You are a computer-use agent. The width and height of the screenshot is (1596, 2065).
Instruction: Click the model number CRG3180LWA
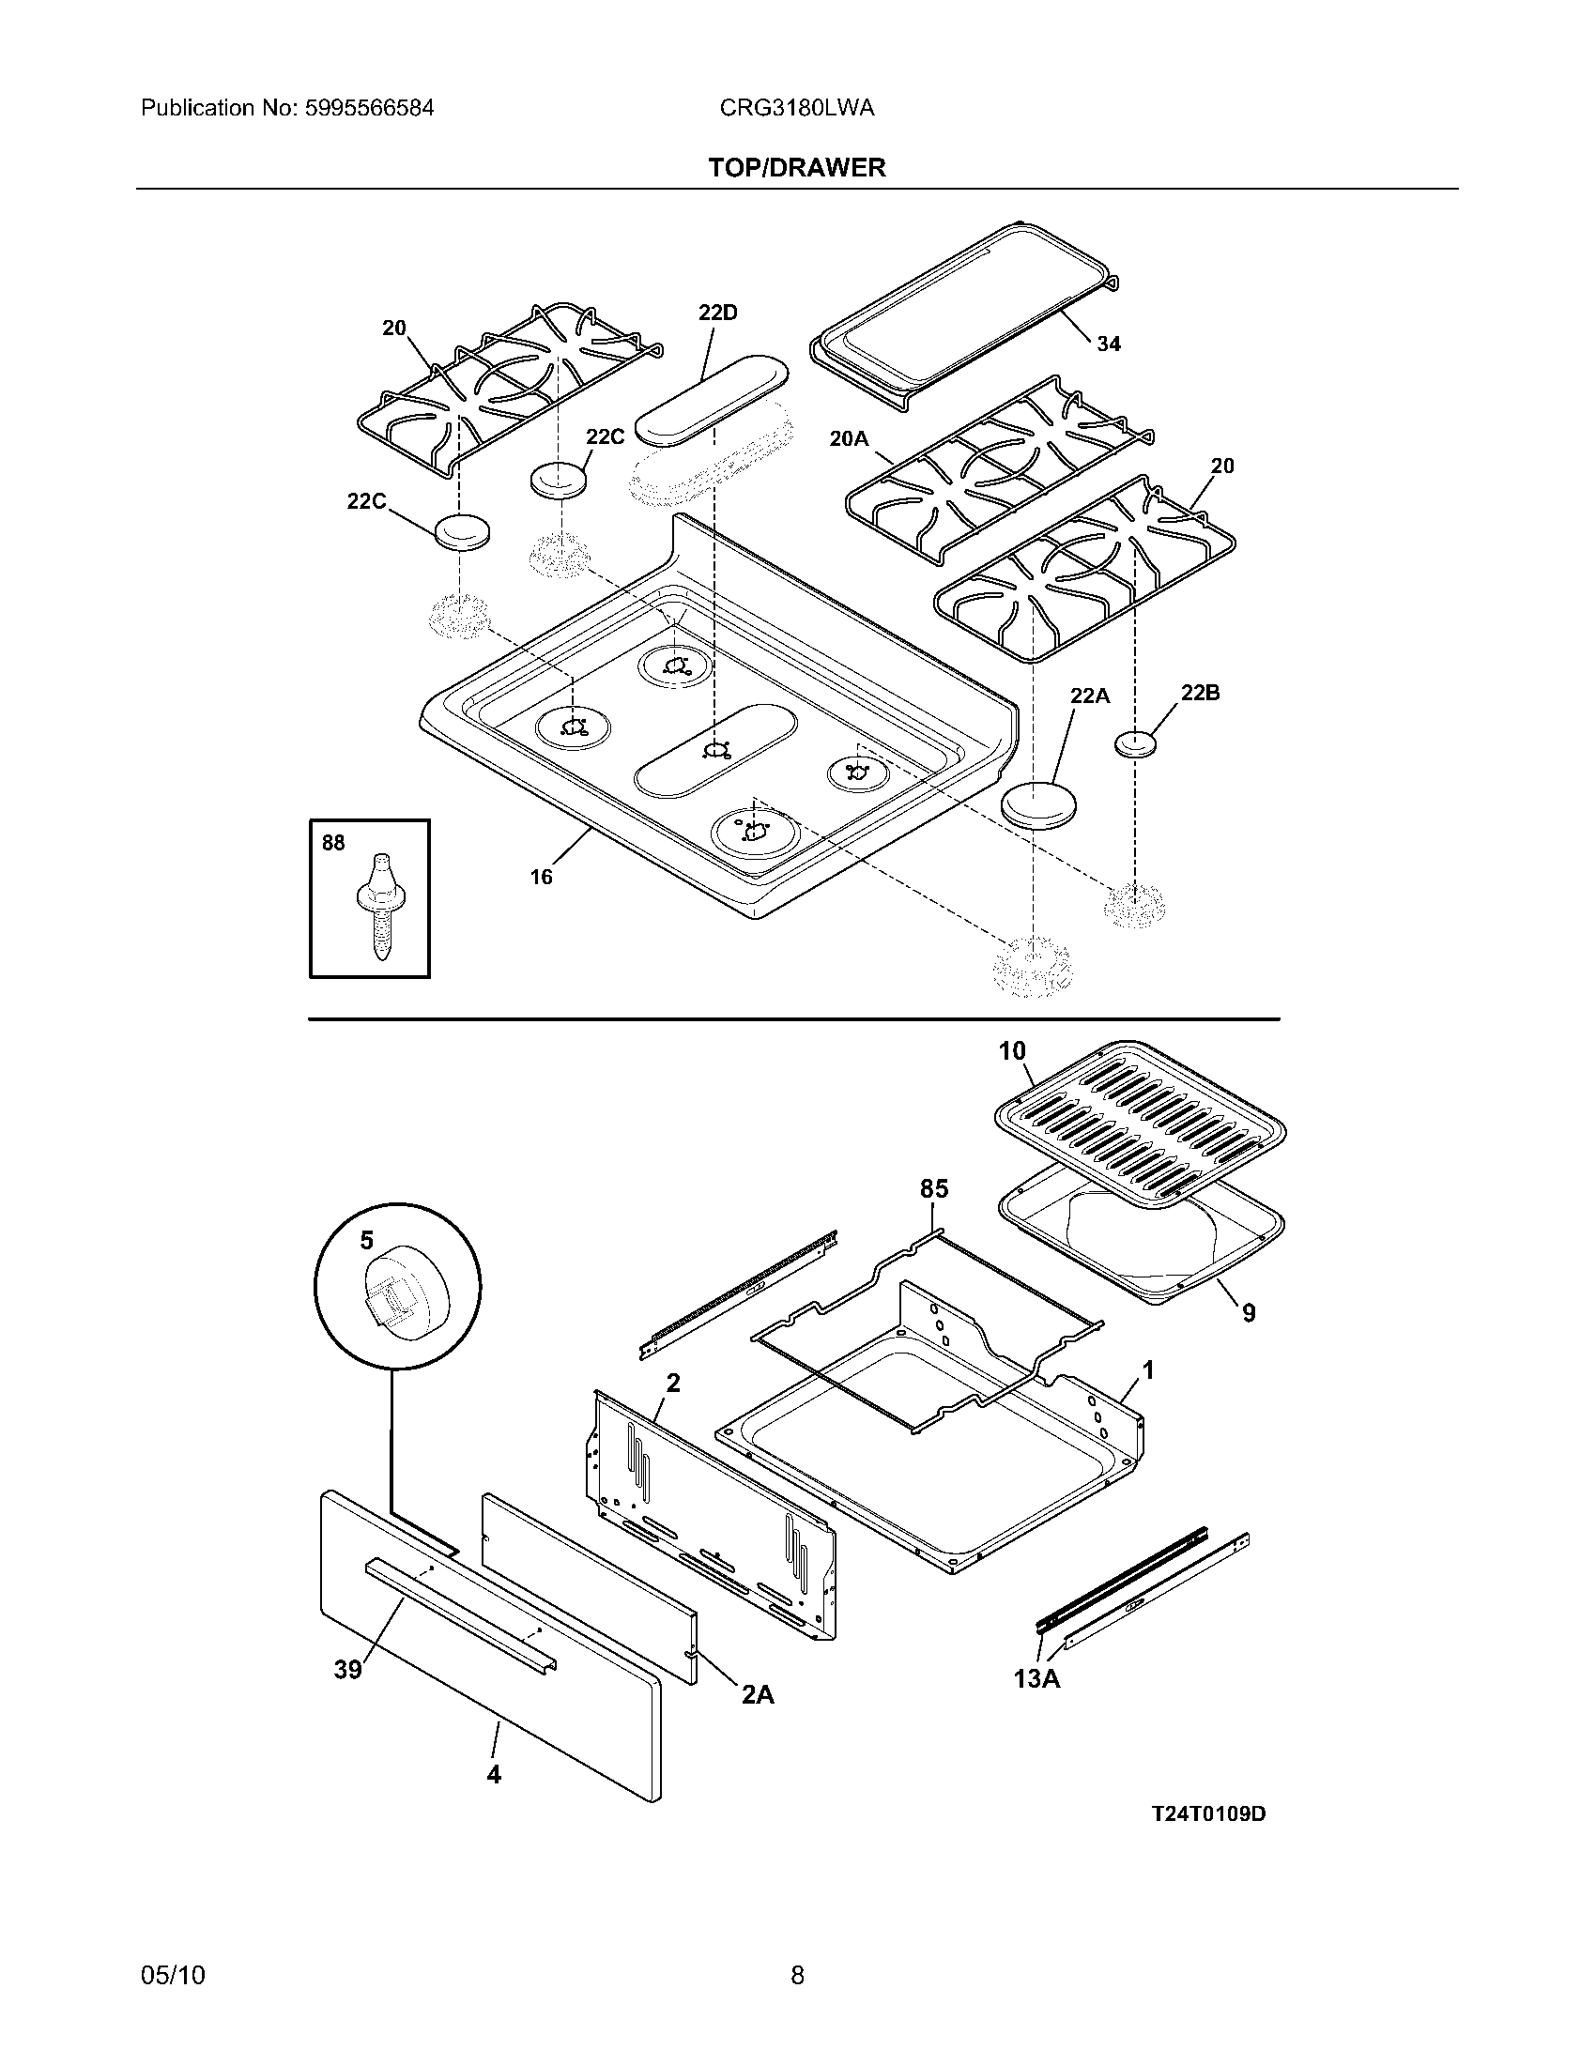[x=796, y=109]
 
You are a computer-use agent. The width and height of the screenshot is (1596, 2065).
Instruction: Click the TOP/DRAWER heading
[x=797, y=168]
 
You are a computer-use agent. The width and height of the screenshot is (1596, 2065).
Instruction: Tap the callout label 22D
[x=717, y=313]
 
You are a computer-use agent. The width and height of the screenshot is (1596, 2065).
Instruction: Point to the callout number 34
[x=1109, y=344]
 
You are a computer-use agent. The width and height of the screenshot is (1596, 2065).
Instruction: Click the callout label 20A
[x=848, y=437]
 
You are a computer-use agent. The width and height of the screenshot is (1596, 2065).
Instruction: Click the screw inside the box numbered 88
[x=380, y=906]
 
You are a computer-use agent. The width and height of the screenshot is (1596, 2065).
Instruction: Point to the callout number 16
[x=541, y=877]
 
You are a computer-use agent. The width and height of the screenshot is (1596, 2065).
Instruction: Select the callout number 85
[x=934, y=1189]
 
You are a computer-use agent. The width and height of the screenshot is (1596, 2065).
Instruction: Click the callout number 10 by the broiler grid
[x=1013, y=1051]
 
